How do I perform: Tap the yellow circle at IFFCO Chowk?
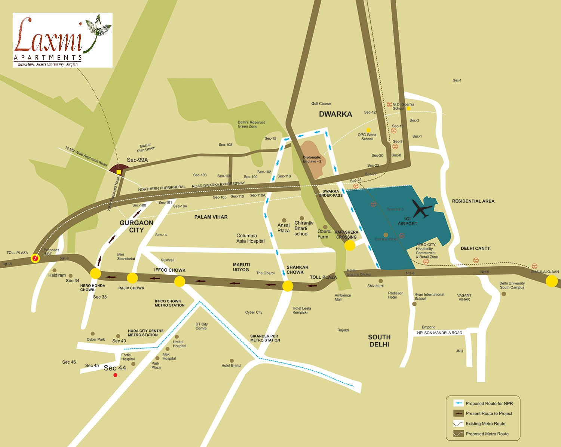point(180,281)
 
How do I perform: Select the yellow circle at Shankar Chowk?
point(288,286)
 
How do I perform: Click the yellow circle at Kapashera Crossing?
point(350,246)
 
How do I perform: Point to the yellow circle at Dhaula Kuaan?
point(552,281)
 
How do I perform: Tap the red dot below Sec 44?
point(115,375)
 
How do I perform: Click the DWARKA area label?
point(335,114)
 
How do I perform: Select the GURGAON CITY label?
point(137,226)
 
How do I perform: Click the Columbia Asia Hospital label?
point(250,238)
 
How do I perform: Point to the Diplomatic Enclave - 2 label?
point(312,159)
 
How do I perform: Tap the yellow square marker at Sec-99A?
point(119,172)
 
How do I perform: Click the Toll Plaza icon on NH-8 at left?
point(36,258)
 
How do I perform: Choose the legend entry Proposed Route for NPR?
point(489,403)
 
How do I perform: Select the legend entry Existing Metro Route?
point(485,423)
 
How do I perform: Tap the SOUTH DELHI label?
point(379,340)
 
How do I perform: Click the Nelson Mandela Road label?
point(439,333)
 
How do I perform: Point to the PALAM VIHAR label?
point(211,217)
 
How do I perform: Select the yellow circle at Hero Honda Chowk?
point(95,273)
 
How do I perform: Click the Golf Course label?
point(321,104)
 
